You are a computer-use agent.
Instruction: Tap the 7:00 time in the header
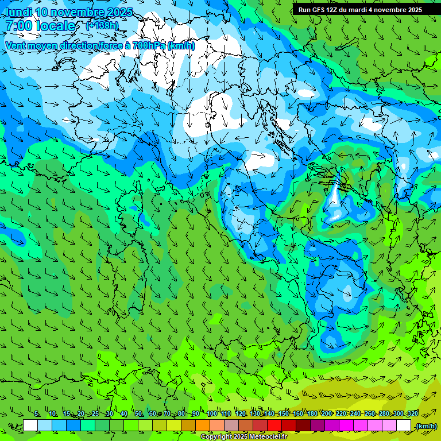point(17,26)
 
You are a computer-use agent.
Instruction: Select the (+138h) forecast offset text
point(102,26)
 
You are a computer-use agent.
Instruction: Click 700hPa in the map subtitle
point(148,45)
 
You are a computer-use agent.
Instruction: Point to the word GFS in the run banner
point(317,10)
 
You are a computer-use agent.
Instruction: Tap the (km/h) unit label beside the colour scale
point(425,425)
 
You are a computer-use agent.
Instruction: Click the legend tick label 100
point(212,413)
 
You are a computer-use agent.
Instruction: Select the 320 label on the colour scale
point(412,413)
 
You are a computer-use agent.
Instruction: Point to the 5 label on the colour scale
point(37,413)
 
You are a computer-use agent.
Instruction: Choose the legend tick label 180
point(312,413)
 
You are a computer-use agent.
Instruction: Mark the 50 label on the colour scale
point(138,413)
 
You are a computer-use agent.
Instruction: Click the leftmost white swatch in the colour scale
point(30,425)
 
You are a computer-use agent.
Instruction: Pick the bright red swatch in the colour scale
point(274,425)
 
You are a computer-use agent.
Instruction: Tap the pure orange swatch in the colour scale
point(203,425)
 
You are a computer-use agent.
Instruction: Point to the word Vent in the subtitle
point(15,45)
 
